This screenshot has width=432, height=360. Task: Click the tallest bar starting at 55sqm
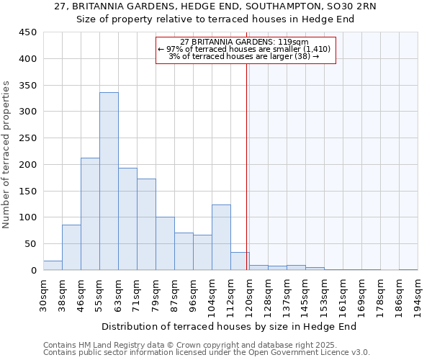[109, 181]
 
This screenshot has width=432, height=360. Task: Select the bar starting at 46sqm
[90, 214]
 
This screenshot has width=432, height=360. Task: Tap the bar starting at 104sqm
[221, 238]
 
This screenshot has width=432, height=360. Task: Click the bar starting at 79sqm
[165, 243]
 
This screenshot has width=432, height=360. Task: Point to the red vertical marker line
[247, 166]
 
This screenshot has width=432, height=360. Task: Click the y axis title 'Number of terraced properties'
[6, 155]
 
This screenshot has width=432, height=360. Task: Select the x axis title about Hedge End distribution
[230, 326]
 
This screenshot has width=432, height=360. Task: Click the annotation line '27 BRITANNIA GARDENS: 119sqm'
[244, 42]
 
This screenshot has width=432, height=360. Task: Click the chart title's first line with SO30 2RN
[215, 6]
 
